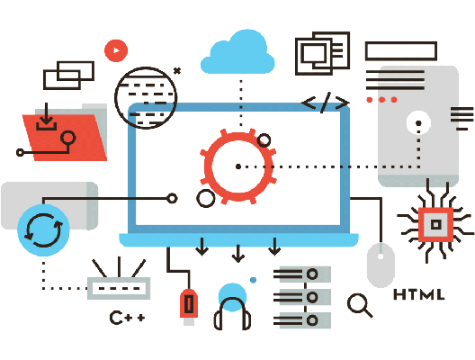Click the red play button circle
116,50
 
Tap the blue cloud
237,53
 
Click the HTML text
418,294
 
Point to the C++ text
127,318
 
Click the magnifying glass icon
360,305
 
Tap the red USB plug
189,304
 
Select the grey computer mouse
381,265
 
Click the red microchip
435,224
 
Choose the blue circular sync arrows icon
43,230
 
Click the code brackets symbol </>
326,103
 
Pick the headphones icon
232,313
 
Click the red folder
65,137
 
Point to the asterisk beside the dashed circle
177,71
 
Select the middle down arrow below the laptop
238,253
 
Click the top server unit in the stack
302,274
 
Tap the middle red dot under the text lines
381,99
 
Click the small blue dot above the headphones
254,280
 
